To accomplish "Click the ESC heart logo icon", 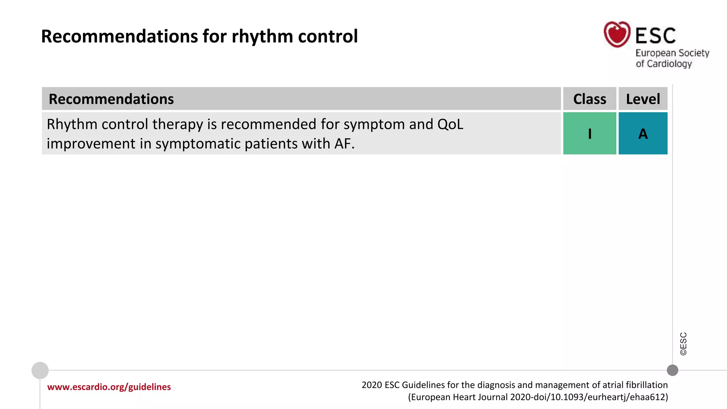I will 617,34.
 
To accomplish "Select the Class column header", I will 590,99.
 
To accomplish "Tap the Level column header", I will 643,99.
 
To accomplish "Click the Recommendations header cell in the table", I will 111,99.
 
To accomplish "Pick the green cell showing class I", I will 590,133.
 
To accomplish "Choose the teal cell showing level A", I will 643,133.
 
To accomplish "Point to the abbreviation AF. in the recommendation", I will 344,144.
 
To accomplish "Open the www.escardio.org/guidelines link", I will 109,387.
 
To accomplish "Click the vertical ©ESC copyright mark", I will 683,344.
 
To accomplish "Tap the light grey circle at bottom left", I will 40,370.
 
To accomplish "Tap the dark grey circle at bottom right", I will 672,370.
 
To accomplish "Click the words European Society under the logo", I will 672,53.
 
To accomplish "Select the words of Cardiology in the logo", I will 664,64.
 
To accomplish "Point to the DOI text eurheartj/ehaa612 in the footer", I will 627,397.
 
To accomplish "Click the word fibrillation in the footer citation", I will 646,385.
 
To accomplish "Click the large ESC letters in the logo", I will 655,36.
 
